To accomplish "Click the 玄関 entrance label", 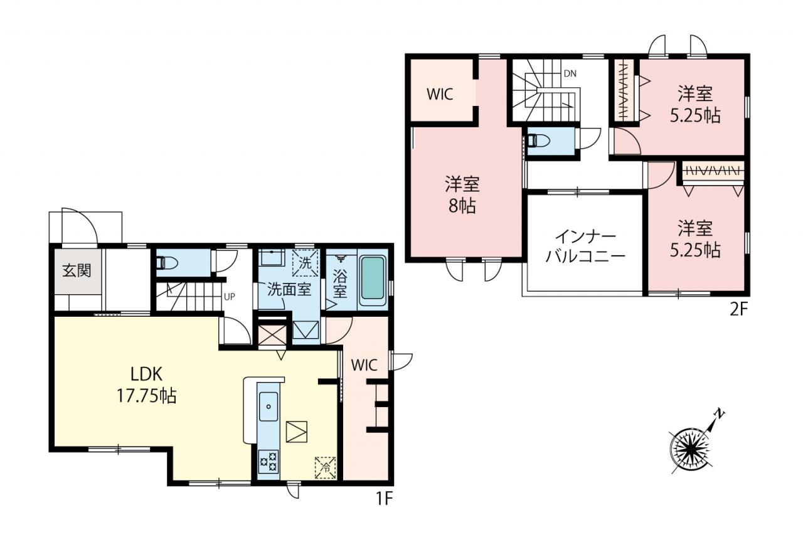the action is pyautogui.click(x=77, y=270).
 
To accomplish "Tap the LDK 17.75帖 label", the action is pyautogui.click(x=147, y=386).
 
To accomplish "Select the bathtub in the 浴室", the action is pyautogui.click(x=373, y=278).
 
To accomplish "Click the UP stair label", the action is pyautogui.click(x=230, y=297).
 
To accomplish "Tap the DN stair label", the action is pyautogui.click(x=570, y=74).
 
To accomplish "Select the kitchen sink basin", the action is pyautogui.click(x=268, y=406).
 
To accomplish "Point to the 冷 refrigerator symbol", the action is pyautogui.click(x=326, y=467).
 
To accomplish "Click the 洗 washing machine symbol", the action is pyautogui.click(x=305, y=263).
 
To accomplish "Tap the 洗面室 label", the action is pyautogui.click(x=289, y=289).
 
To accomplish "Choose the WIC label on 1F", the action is pyautogui.click(x=364, y=365).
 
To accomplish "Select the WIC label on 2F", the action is pyautogui.click(x=440, y=94).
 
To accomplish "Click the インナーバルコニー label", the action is pyautogui.click(x=585, y=246).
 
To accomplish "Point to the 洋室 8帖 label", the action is pyautogui.click(x=462, y=195).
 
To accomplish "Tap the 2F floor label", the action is pyautogui.click(x=739, y=310).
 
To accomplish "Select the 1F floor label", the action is pyautogui.click(x=385, y=499).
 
